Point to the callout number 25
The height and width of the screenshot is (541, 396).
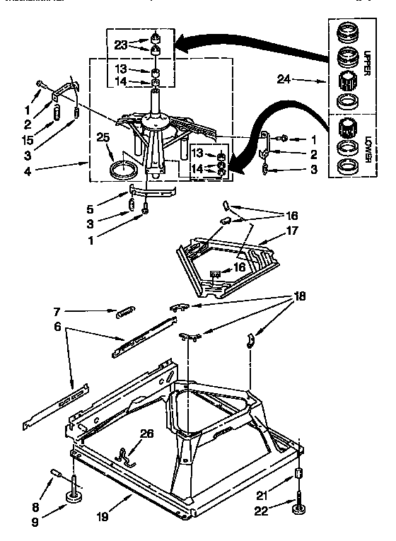click(104, 139)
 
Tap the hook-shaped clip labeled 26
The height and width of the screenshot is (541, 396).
click(128, 455)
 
